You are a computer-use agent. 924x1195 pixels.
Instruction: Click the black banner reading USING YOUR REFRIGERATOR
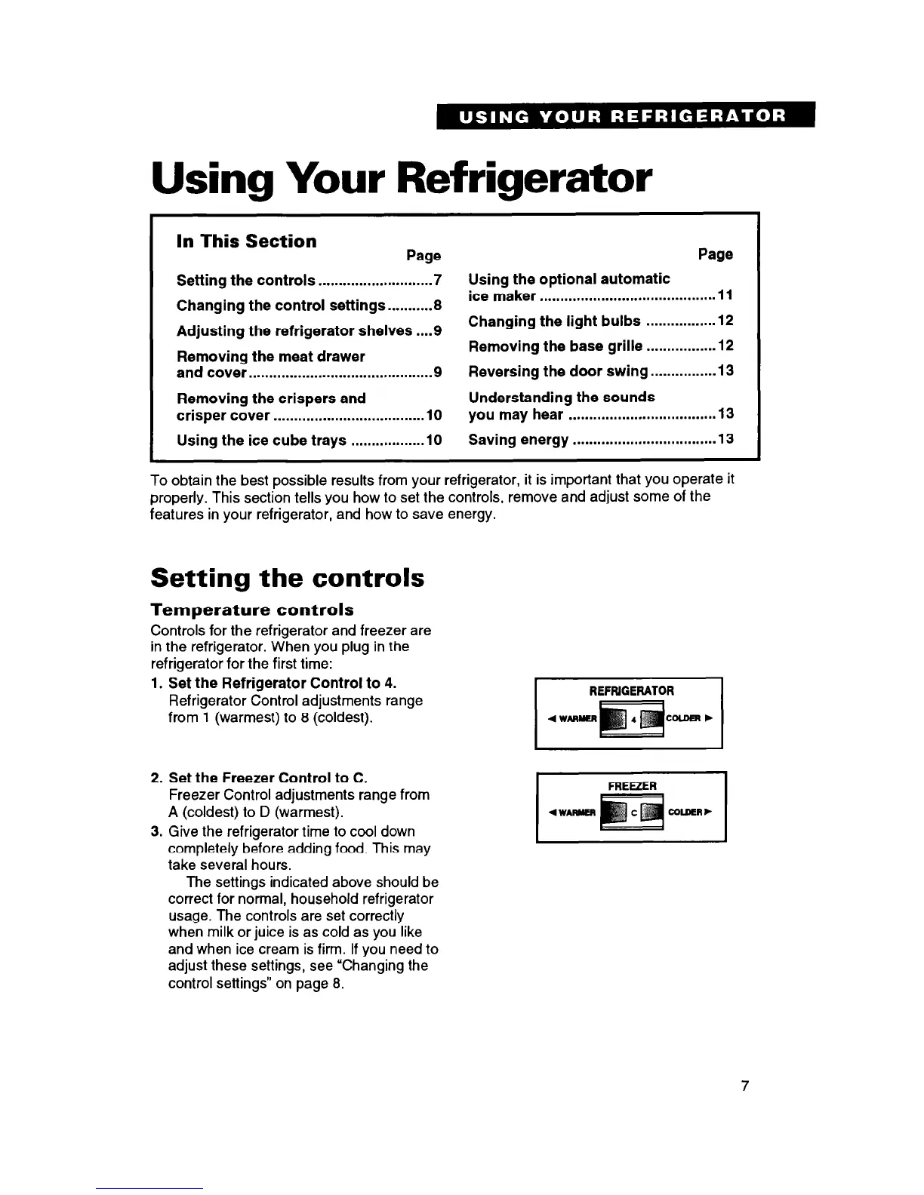point(626,116)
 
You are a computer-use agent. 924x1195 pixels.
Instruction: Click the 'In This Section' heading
point(246,241)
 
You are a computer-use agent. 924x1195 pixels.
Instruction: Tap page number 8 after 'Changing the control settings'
point(437,306)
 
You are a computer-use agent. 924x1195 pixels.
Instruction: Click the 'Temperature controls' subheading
point(252,609)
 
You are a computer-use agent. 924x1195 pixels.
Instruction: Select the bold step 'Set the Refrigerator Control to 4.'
point(282,684)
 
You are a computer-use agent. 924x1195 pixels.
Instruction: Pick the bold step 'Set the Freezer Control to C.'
point(267,778)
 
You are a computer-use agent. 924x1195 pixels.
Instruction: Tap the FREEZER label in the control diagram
point(632,785)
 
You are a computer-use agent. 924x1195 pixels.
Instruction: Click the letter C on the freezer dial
point(633,812)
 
